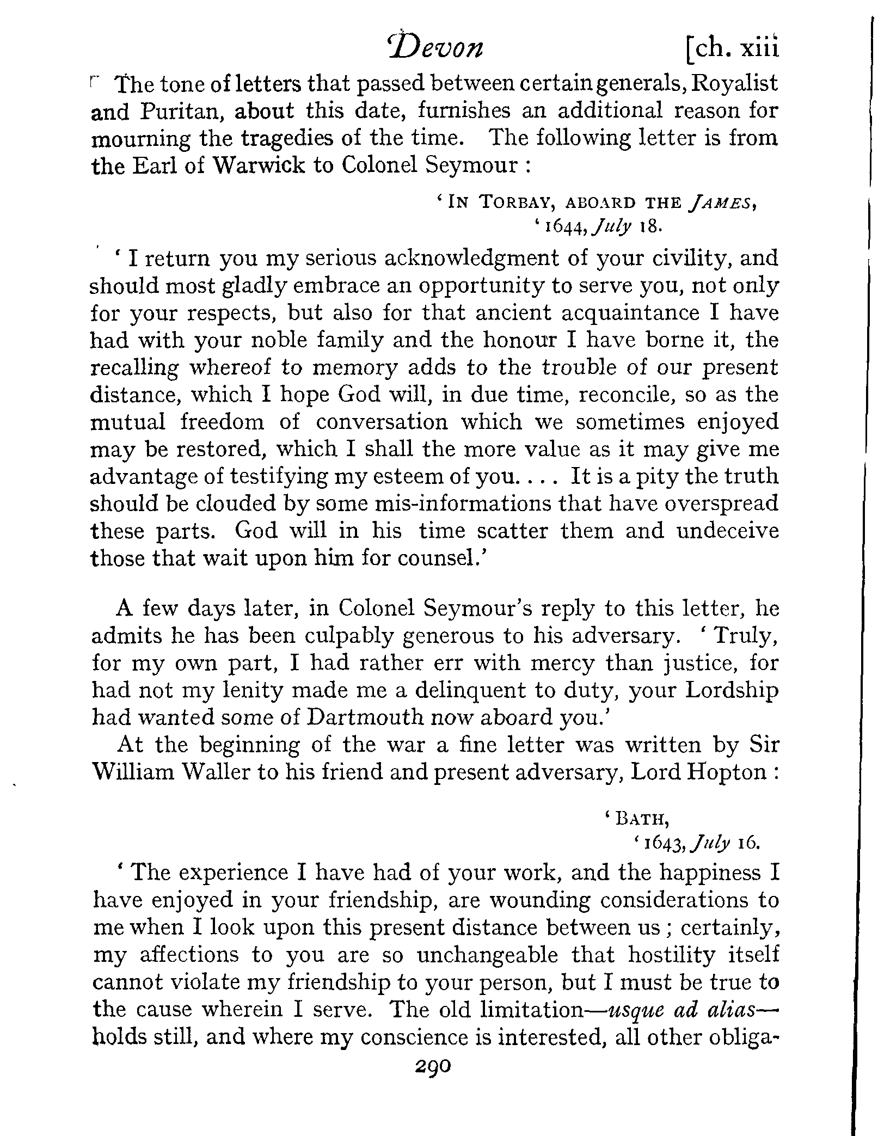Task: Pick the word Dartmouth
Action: point(365,717)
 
